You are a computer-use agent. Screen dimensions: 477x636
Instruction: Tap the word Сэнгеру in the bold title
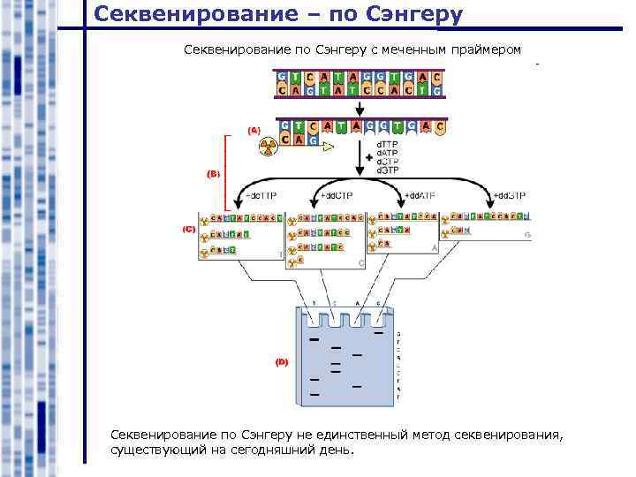[405, 14]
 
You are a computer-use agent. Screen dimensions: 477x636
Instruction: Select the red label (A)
[254, 130]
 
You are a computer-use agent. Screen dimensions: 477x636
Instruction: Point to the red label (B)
[213, 173]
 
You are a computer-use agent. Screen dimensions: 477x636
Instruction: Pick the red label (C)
[188, 229]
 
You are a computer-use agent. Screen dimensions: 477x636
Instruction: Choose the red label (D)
[281, 362]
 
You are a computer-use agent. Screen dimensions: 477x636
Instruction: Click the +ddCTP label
[337, 194]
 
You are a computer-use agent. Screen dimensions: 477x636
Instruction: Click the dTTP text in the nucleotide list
[389, 143]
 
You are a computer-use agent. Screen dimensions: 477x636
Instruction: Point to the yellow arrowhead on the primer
[329, 147]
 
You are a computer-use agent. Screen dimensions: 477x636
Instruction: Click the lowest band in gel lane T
[314, 393]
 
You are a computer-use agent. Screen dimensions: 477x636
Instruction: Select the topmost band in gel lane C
[336, 347]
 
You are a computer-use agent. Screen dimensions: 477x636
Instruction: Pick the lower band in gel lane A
[357, 387]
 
